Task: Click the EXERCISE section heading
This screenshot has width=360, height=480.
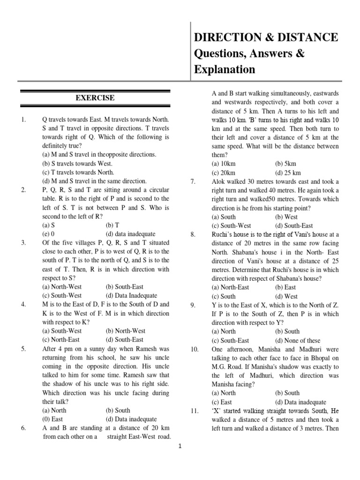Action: (x=95, y=98)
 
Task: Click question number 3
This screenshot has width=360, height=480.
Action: (x=23, y=242)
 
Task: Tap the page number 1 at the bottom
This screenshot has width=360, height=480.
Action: (x=180, y=447)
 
